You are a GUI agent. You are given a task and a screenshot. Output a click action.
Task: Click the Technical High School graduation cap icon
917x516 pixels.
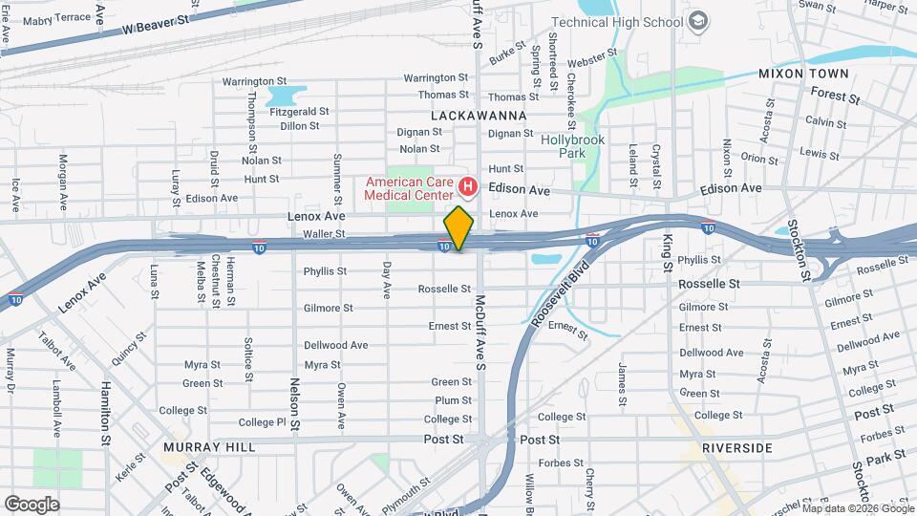point(699,21)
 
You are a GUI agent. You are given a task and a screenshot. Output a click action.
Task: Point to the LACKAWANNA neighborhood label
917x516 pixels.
point(480,115)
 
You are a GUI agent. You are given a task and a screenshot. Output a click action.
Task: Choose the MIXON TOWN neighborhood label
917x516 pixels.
point(803,74)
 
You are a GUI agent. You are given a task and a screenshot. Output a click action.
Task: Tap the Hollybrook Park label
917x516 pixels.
point(573,145)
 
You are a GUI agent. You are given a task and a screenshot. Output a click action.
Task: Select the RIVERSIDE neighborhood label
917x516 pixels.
point(736,447)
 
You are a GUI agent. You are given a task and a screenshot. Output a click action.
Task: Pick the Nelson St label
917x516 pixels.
point(294,402)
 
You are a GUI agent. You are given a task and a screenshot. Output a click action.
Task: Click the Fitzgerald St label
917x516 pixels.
point(299,111)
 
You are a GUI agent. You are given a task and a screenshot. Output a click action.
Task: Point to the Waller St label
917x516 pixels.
point(322,233)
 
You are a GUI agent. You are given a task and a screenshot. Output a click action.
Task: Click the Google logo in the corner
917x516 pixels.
point(32,504)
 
